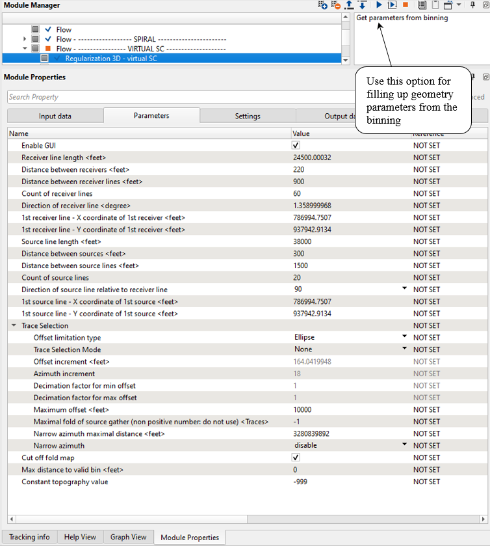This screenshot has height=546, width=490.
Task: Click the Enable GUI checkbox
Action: point(296,145)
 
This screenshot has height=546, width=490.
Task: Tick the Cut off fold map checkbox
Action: point(296,457)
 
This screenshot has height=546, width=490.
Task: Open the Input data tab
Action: point(55,116)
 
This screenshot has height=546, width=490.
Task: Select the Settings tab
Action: point(248,116)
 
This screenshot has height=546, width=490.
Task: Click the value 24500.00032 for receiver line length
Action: point(312,157)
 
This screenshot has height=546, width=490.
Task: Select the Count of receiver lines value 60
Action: point(298,193)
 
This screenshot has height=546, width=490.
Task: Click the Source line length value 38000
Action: point(304,241)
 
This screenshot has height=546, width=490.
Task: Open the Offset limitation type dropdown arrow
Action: point(404,337)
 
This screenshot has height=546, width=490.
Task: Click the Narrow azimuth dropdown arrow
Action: point(404,445)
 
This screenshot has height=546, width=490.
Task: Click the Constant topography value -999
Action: point(300,482)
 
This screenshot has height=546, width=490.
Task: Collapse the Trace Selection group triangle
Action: point(14,325)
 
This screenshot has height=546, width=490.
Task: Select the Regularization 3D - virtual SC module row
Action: point(111,59)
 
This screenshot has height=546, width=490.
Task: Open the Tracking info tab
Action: point(29,537)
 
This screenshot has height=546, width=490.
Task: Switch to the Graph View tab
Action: point(128,537)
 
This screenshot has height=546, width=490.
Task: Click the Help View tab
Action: point(80,537)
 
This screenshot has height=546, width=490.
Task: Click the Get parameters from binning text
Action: point(402,18)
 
